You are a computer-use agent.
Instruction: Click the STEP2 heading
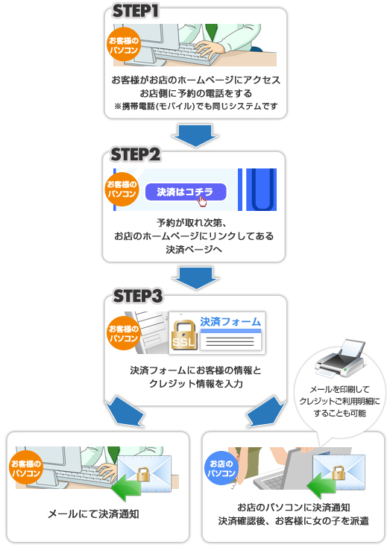136,154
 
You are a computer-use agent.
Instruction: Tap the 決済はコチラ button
186,192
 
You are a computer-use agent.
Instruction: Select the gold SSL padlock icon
183,334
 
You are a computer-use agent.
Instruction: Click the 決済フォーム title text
230,322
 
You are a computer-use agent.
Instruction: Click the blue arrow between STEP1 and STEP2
195,133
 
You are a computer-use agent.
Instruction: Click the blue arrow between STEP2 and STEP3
195,277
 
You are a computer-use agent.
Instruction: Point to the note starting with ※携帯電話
195,107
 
